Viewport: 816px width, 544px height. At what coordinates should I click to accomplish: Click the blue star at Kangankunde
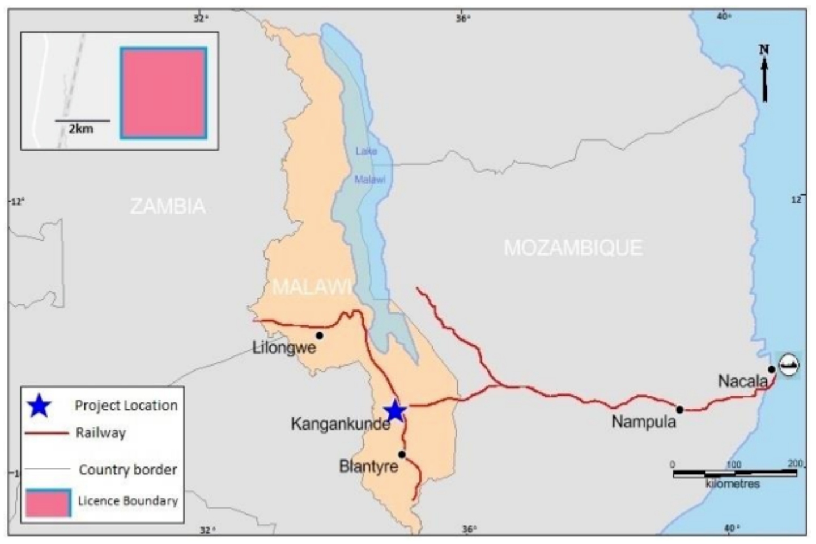[x=394, y=411]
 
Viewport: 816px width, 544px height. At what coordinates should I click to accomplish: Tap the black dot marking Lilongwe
[x=320, y=335]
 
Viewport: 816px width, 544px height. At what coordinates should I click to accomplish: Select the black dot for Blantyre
[x=402, y=454]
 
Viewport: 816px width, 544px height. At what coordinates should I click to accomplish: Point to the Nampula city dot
[x=679, y=409]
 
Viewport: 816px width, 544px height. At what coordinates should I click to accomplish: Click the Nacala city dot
[x=771, y=369]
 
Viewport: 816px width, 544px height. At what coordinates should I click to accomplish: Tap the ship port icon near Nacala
[x=789, y=365]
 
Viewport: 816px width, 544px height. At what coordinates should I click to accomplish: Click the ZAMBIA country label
[x=168, y=206]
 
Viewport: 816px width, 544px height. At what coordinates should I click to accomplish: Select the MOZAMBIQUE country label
[x=573, y=248]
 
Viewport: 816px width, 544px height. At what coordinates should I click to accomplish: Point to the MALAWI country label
[x=312, y=287]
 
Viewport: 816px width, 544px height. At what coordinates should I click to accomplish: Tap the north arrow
[x=764, y=74]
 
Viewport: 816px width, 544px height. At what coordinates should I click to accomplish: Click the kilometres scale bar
[x=734, y=473]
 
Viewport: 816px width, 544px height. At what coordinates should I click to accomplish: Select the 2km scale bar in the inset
[x=82, y=121]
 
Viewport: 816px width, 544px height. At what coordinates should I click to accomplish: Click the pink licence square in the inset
[x=163, y=93]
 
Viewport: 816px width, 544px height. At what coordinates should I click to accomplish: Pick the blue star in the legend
[x=40, y=406]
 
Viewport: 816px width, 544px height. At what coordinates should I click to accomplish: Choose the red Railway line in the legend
[x=46, y=433]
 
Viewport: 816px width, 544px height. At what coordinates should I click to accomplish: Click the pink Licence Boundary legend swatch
[x=48, y=503]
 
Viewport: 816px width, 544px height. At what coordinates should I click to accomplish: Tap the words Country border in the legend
[x=127, y=470]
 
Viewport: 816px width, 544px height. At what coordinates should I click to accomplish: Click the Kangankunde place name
[x=340, y=424]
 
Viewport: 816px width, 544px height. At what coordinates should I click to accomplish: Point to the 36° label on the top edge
[x=462, y=18]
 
